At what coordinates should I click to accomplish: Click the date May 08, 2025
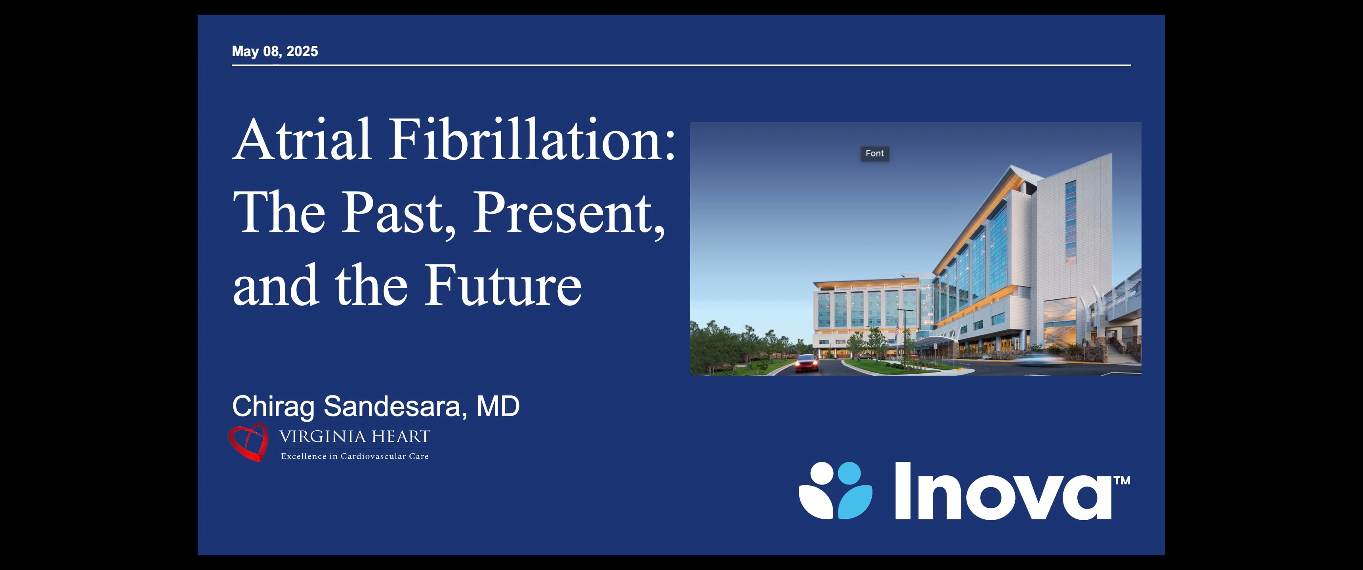[275, 51]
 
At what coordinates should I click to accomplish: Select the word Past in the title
[391, 213]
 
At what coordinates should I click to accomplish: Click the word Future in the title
[503, 285]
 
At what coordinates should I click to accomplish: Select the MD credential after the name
[498, 407]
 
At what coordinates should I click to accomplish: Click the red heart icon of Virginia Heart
[248, 443]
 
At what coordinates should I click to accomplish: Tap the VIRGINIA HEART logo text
[355, 437]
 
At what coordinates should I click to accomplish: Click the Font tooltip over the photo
[874, 153]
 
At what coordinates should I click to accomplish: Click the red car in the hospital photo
[806, 363]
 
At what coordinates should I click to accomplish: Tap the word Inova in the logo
[1003, 492]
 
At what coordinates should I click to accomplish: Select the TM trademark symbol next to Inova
[1122, 481]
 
